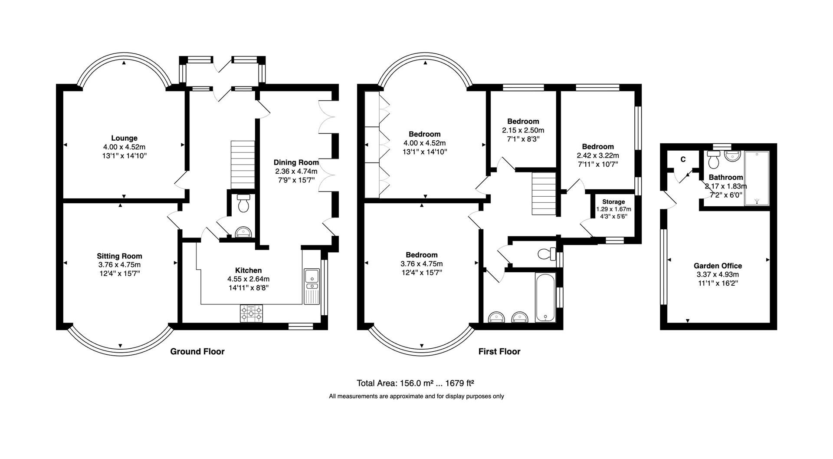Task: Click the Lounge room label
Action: [124, 139]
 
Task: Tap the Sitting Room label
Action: [119, 256]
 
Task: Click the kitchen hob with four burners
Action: [252, 313]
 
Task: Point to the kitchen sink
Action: [312, 276]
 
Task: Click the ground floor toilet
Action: [243, 203]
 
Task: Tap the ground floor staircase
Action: [242, 163]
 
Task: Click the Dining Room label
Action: [296, 162]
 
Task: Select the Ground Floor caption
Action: [197, 351]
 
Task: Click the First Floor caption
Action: [499, 351]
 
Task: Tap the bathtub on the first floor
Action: [545, 297]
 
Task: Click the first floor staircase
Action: [544, 193]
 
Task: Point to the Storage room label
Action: [613, 202]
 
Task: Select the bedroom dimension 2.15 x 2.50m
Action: [523, 130]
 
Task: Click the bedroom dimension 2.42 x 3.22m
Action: [597, 155]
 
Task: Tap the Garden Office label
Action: [718, 266]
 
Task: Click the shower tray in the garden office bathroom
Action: [757, 178]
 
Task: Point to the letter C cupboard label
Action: [683, 159]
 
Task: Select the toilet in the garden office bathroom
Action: [713, 160]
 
